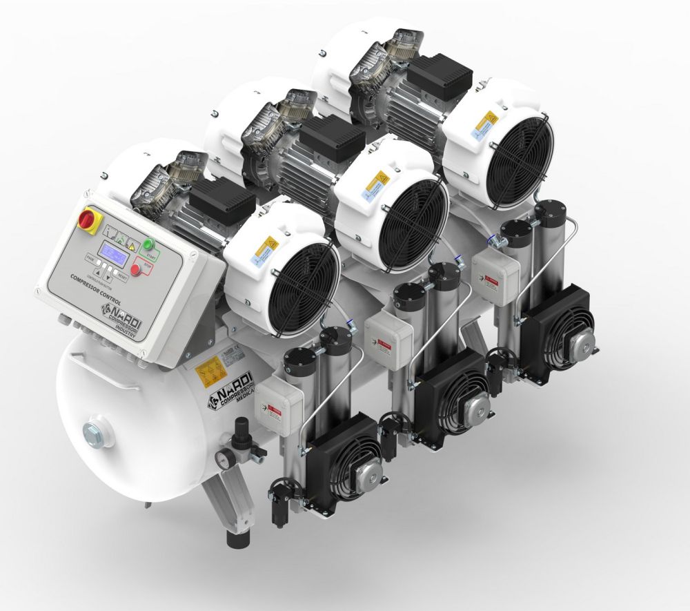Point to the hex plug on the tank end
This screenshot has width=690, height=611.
pos(92,434)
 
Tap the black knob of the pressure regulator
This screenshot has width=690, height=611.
pos(241,425)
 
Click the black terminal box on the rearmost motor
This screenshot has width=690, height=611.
pos(439,75)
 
